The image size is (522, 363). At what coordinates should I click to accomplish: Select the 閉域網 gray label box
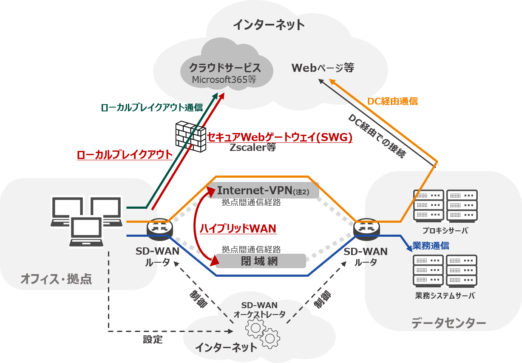point(260,261)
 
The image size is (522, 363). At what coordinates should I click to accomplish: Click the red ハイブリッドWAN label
point(238,229)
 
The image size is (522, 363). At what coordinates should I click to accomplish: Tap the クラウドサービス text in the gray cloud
point(225,68)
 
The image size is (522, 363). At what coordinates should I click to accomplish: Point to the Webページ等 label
point(323,67)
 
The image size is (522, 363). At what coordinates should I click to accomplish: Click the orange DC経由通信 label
point(392,101)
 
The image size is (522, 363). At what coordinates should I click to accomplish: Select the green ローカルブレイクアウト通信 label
point(152,108)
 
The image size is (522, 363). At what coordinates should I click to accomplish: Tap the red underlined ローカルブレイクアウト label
point(125,155)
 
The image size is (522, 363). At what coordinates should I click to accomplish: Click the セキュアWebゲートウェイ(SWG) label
point(280,137)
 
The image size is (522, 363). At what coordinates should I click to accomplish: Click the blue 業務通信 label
point(431,246)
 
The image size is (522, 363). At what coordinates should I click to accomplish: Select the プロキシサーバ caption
point(445,231)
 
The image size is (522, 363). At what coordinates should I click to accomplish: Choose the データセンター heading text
point(448,323)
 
